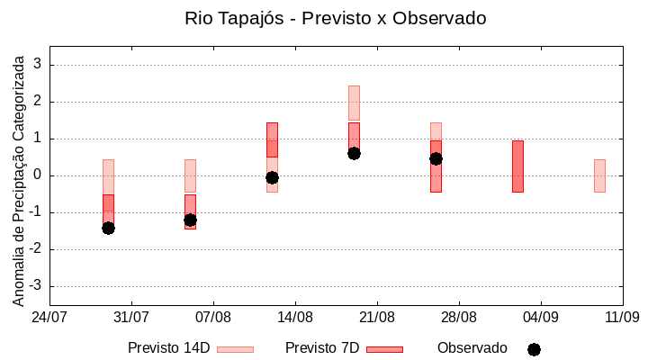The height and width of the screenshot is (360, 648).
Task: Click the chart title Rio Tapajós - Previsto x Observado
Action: click(323, 18)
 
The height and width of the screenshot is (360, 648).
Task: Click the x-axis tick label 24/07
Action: click(49, 317)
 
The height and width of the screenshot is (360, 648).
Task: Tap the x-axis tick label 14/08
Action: click(295, 317)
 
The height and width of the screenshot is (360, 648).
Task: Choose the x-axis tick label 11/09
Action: click(622, 317)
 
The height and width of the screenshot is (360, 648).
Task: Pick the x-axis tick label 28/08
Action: click(459, 317)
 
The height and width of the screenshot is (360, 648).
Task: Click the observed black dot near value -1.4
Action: click(108, 228)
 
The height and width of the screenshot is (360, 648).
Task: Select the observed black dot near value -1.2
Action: click(190, 220)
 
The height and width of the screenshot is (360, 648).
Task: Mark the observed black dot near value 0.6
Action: click(354, 153)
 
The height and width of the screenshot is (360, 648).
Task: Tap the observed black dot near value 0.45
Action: click(436, 158)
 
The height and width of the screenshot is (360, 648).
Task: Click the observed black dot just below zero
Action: click(272, 177)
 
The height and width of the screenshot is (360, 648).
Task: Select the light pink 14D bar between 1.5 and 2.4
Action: click(354, 103)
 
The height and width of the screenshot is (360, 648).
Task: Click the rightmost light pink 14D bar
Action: click(599, 175)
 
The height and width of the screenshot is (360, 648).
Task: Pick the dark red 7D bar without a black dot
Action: click(517, 166)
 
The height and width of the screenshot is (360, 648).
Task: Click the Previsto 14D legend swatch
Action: click(235, 349)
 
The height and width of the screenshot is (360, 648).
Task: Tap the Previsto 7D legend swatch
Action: click(384, 349)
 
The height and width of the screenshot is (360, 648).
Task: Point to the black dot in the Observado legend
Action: click(534, 349)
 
